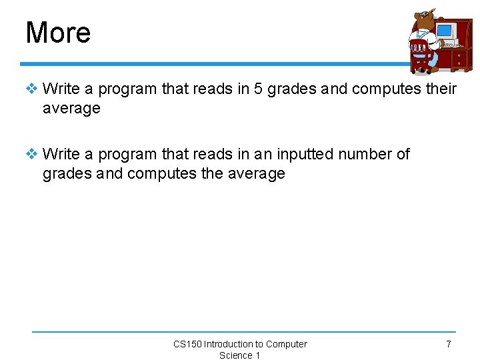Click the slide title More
point(58,33)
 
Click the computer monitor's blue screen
point(444,31)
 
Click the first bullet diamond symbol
point(33,89)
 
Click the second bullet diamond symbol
point(33,154)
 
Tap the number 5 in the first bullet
point(259,89)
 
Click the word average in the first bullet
point(71,108)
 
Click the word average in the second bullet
point(256,174)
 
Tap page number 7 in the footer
point(448,344)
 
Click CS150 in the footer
point(187,344)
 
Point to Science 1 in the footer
point(239,355)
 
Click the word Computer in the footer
point(287,344)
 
